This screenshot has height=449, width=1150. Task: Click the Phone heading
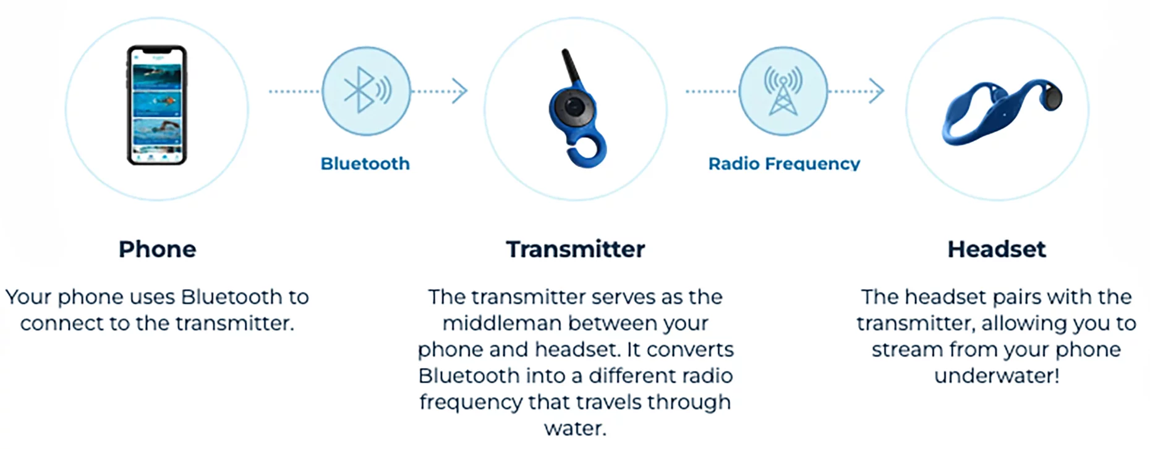tap(157, 249)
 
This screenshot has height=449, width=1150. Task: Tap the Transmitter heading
tap(576, 249)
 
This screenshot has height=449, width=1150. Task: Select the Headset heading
tap(997, 249)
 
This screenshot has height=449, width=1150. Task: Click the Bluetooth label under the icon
tap(365, 163)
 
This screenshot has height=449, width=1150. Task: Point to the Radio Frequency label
tap(784, 163)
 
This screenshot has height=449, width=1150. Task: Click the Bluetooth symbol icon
tap(366, 91)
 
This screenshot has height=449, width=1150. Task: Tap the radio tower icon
tap(783, 91)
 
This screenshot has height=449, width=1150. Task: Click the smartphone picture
tap(157, 105)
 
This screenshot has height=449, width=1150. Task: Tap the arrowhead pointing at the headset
tap(877, 91)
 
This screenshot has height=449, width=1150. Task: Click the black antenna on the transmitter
tap(569, 67)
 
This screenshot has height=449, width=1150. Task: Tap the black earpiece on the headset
tap(1052, 98)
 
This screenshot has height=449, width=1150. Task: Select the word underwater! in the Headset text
tap(997, 376)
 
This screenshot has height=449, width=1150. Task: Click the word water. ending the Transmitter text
tap(576, 429)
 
